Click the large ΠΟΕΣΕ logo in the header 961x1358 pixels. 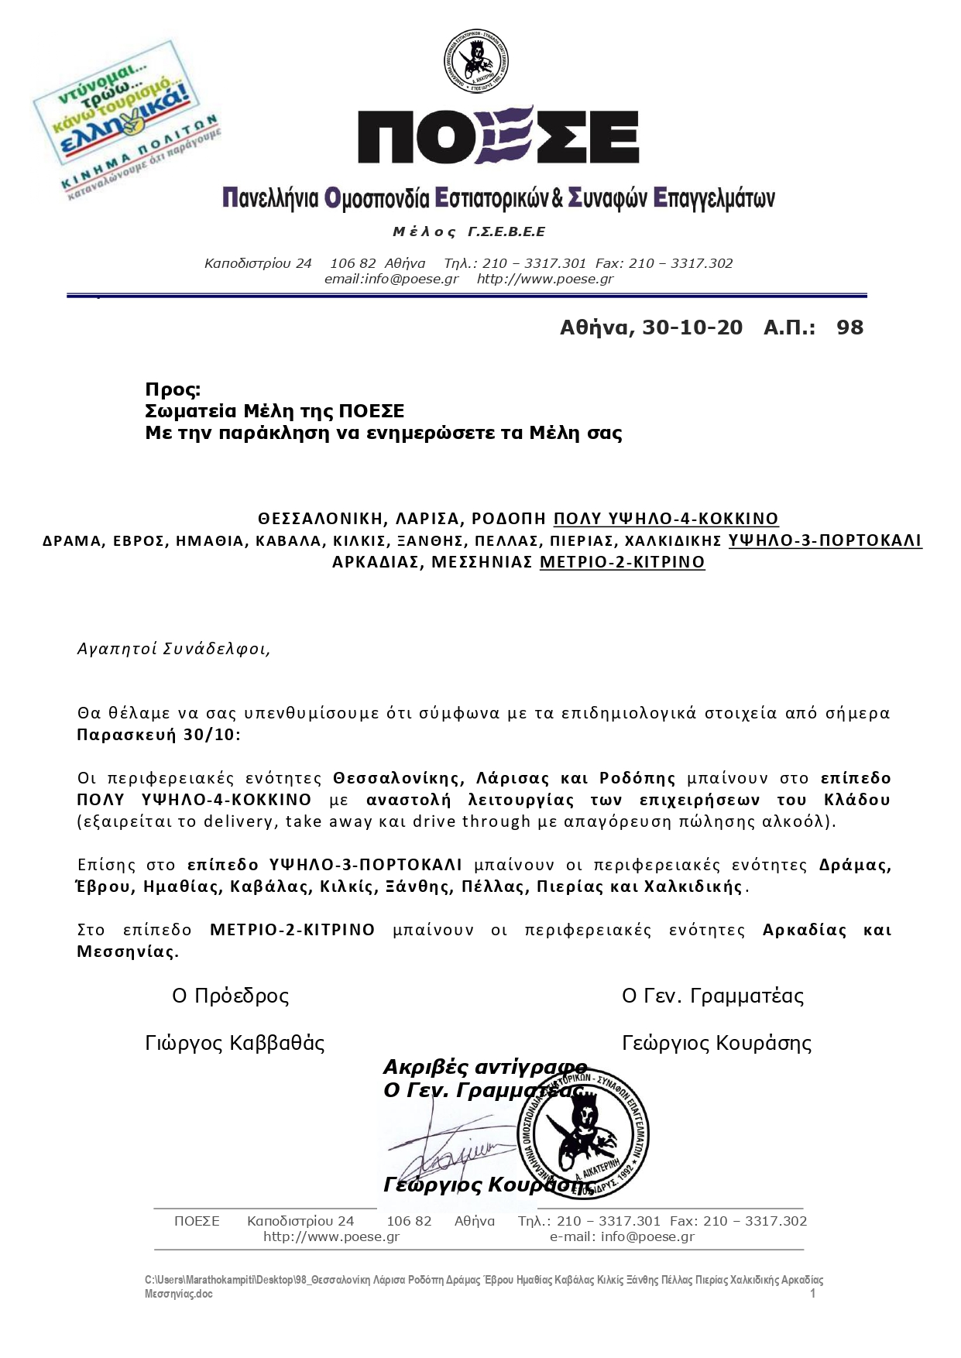point(498,136)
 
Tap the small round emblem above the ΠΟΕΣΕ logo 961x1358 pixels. point(475,61)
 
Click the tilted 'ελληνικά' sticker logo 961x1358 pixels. point(126,119)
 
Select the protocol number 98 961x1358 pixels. point(849,327)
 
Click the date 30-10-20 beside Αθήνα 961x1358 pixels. point(692,327)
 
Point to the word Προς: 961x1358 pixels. point(173,389)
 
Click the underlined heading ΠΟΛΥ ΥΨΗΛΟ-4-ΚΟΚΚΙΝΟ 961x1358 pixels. point(666,519)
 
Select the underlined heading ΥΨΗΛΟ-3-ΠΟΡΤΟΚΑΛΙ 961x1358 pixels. point(825,540)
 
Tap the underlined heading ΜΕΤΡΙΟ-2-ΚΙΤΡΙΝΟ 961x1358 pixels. point(622,562)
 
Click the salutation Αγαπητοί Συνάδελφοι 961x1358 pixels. point(173,649)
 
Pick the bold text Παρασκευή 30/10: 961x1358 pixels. point(159,735)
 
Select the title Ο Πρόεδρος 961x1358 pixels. point(230,996)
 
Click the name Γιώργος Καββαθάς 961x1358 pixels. point(235,1044)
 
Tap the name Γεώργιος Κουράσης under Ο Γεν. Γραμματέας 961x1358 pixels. point(716,1044)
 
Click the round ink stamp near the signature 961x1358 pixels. point(583,1134)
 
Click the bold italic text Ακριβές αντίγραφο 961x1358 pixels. point(485,1068)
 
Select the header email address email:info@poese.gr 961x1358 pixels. point(391,279)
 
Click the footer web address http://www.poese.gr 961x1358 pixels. point(331,1236)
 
